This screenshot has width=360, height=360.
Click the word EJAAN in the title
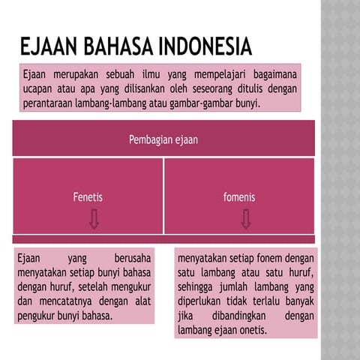(51, 48)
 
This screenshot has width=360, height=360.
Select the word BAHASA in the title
(119, 48)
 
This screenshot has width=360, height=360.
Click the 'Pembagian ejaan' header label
(163, 139)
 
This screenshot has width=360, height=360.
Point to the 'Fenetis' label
(87, 198)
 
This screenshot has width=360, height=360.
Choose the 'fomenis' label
(239, 198)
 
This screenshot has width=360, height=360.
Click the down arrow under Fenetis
(94, 219)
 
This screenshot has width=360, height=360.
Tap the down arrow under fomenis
(246, 219)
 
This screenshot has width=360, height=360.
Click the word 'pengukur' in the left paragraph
(37, 315)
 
